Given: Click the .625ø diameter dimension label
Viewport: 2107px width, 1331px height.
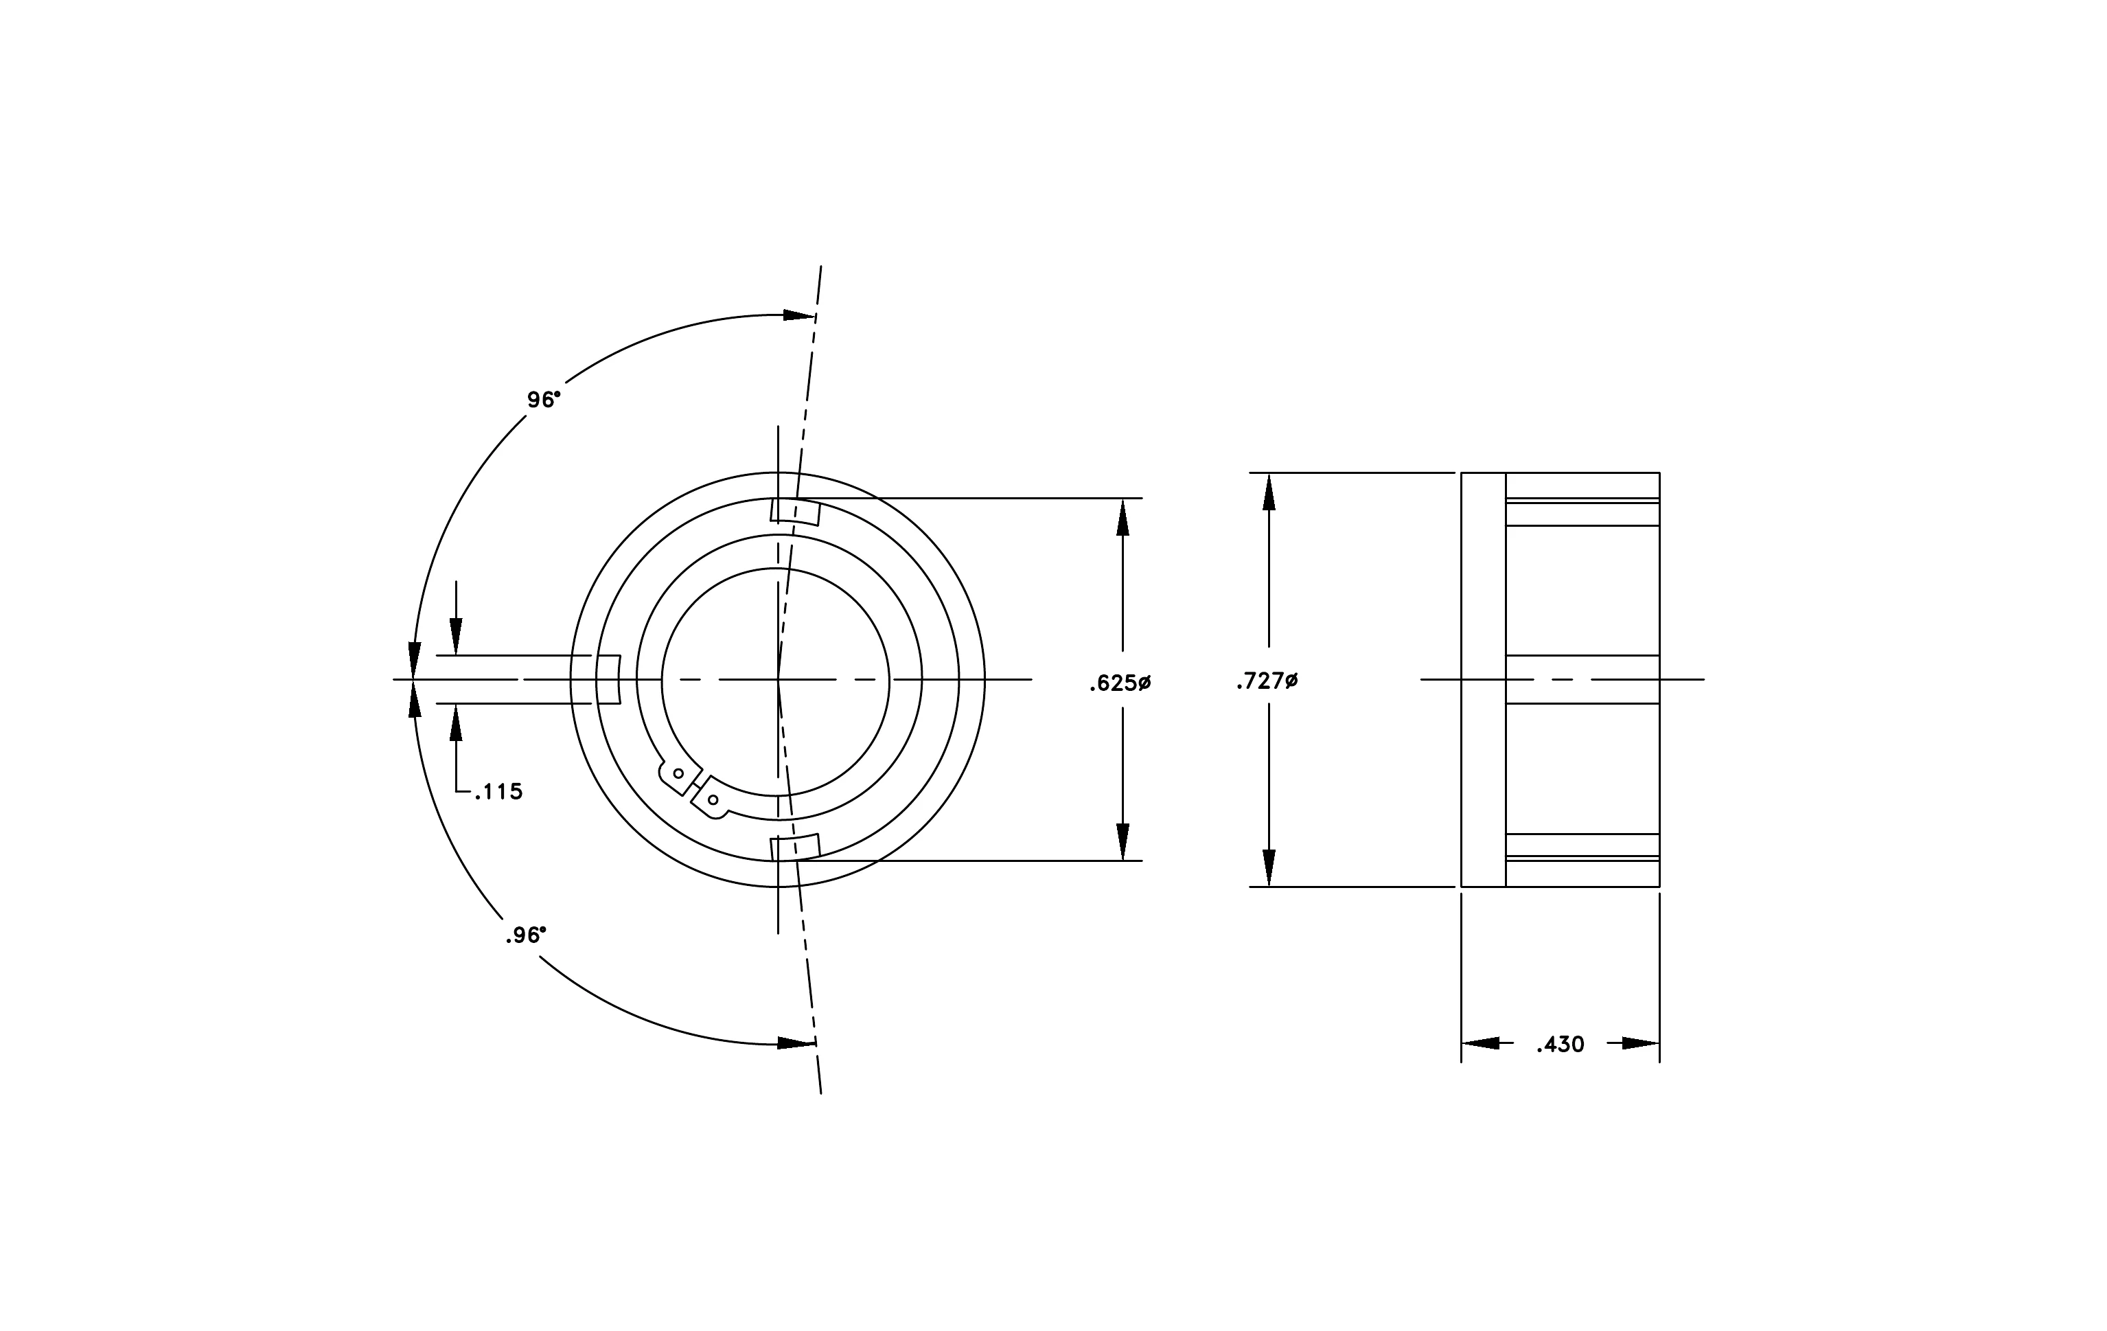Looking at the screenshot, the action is tap(1120, 683).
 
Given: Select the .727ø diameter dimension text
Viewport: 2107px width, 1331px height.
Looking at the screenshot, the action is tap(1267, 681).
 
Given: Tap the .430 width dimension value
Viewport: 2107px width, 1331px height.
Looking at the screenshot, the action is tap(1560, 1045).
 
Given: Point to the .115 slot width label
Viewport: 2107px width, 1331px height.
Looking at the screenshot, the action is tap(498, 792).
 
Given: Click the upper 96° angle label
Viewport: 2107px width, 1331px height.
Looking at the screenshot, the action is tap(543, 400).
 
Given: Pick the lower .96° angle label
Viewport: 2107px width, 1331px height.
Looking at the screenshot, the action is tap(526, 935).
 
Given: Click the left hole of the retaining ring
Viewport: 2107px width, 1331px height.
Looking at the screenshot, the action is tap(678, 773).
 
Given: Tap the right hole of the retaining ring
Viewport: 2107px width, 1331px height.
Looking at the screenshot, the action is tap(713, 800).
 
